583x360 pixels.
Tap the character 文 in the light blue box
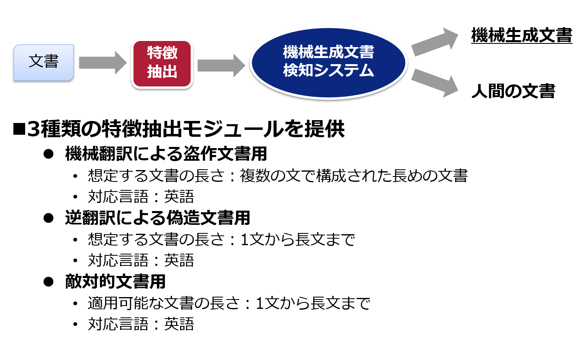[36, 61]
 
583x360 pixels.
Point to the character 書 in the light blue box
[52, 61]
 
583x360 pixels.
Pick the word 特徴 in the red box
[162, 53]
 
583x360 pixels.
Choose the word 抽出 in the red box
[162, 72]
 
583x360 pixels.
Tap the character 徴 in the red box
[170, 53]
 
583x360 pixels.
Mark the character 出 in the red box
[170, 72]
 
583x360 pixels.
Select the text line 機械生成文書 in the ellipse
[328, 52]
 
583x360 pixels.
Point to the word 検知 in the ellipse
[298, 70]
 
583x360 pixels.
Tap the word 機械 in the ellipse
[298, 52]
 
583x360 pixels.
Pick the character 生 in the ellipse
[321, 52]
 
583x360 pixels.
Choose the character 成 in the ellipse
[336, 52]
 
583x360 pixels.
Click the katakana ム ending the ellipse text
[366, 71]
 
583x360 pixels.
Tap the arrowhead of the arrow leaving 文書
[120, 63]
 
